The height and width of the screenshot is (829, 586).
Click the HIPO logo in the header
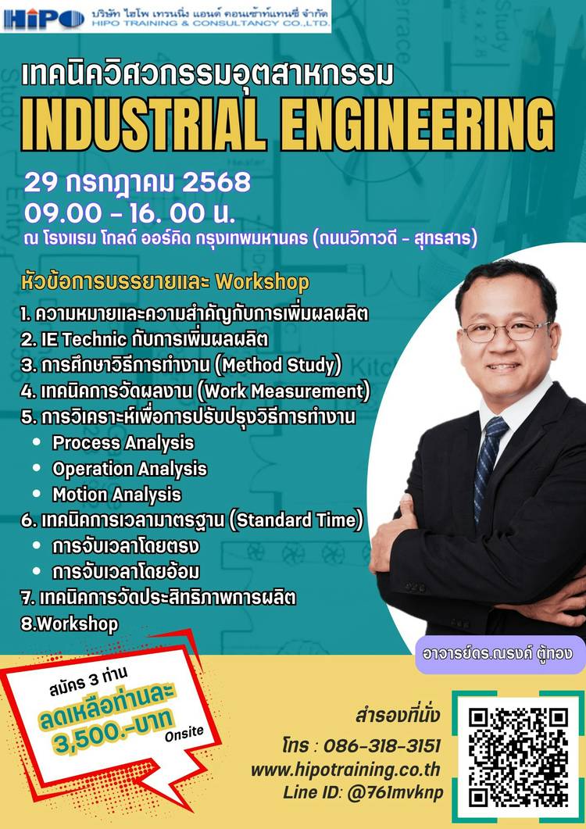pyautogui.click(x=45, y=20)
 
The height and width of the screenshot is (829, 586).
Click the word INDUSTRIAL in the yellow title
pyautogui.click(x=142, y=125)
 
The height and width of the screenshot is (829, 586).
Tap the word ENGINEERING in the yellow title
pyautogui.click(x=417, y=125)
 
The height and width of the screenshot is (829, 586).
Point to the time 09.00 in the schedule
pyautogui.click(x=63, y=213)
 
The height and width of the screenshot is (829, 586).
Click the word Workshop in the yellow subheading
pyautogui.click(x=262, y=282)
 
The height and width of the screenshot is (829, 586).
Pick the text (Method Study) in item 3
pyautogui.click(x=281, y=366)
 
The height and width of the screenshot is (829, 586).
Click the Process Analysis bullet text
pyautogui.click(x=123, y=443)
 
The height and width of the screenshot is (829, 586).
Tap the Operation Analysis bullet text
pyautogui.click(x=130, y=469)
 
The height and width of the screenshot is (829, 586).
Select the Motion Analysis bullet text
pyautogui.click(x=117, y=495)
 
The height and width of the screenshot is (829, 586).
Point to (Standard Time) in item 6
pyautogui.click(x=296, y=520)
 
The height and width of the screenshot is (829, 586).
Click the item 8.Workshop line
pyautogui.click(x=70, y=624)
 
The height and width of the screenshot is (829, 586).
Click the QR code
pyautogui.click(x=518, y=757)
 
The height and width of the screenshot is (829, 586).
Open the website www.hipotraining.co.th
pyautogui.click(x=345, y=770)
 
